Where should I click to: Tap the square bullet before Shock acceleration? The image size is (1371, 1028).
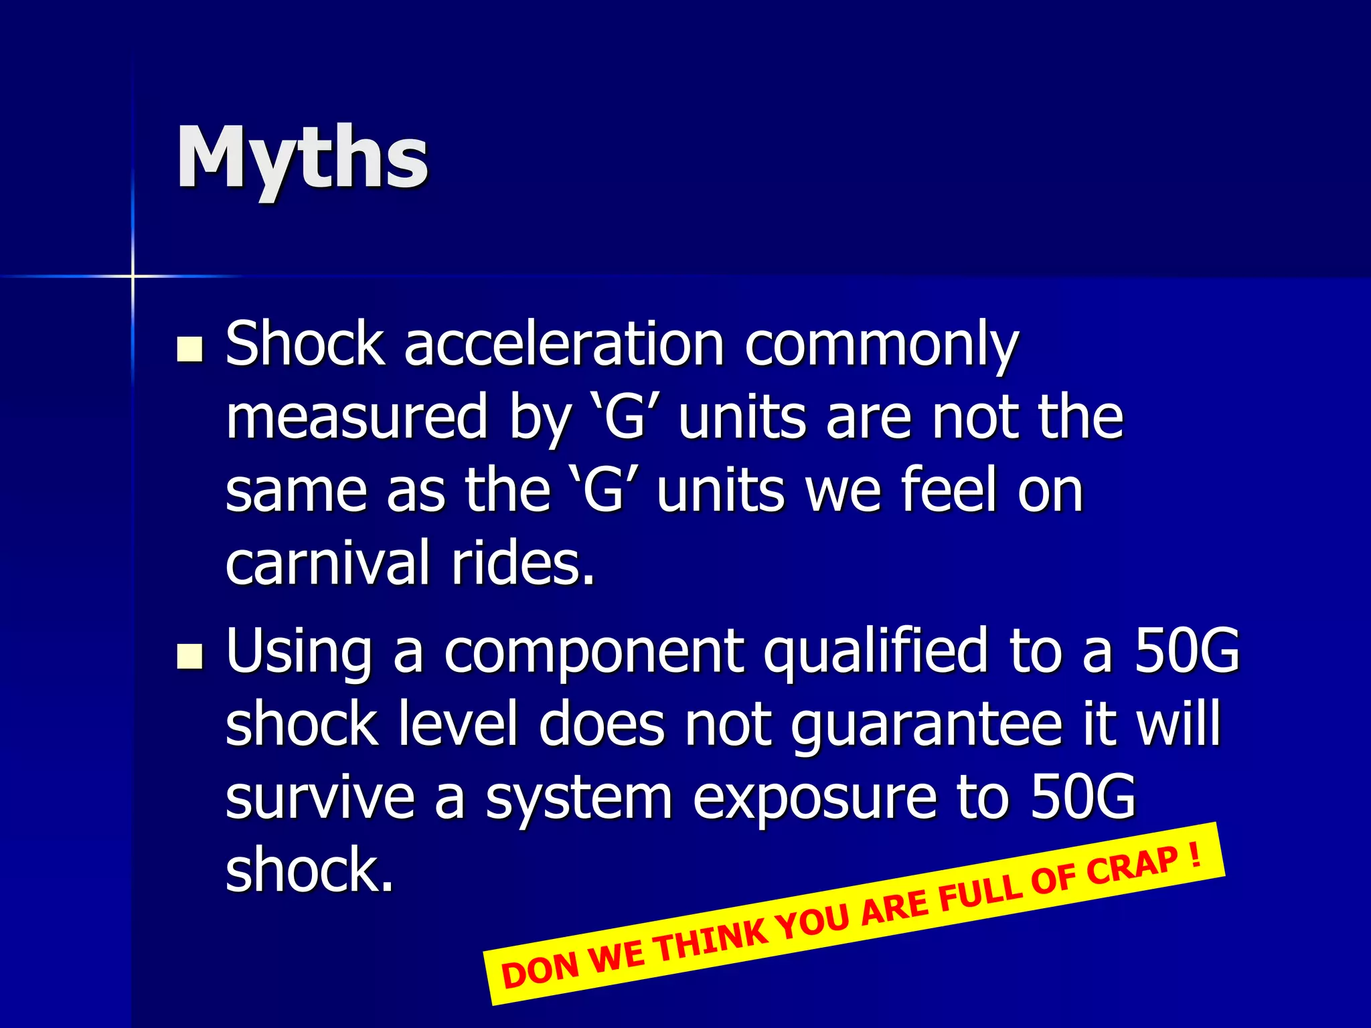point(190,349)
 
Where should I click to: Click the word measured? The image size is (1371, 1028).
point(356,418)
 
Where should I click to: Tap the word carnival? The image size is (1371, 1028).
point(327,563)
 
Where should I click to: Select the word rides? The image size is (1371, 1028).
point(523,563)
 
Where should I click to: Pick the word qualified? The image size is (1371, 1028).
point(876,653)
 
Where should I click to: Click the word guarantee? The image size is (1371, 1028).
point(926,727)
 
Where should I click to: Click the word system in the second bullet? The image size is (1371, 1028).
point(578,800)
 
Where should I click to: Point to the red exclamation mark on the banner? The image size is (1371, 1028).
point(1195,855)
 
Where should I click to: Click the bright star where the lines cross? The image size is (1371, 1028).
point(133,276)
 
